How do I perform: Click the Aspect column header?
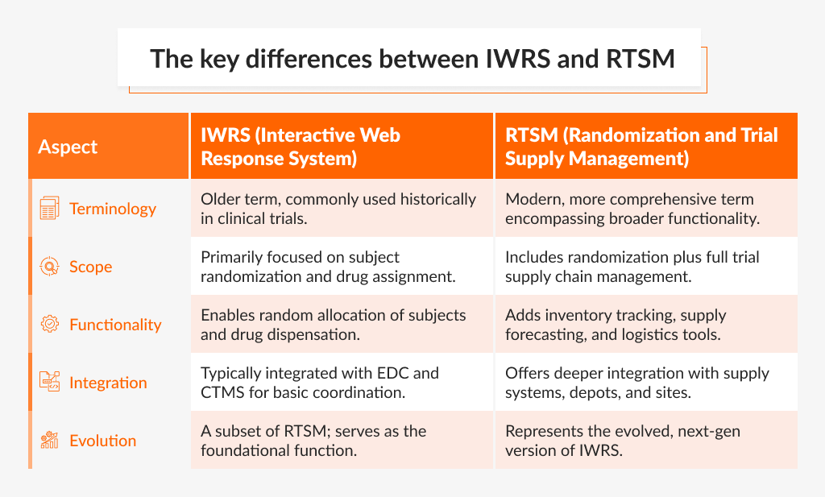click(x=68, y=147)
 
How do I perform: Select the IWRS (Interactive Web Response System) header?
click(x=301, y=147)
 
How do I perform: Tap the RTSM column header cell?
click(x=641, y=147)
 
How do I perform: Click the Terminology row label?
click(x=113, y=209)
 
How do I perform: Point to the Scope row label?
click(x=91, y=267)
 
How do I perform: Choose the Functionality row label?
click(x=115, y=325)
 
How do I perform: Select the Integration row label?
click(x=108, y=383)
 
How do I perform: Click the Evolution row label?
click(x=103, y=441)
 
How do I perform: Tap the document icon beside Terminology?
click(x=49, y=209)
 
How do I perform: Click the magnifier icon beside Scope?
click(x=49, y=267)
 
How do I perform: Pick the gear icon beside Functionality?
click(x=49, y=325)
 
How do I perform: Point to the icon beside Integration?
click(x=49, y=383)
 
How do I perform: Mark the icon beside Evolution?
click(x=49, y=441)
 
